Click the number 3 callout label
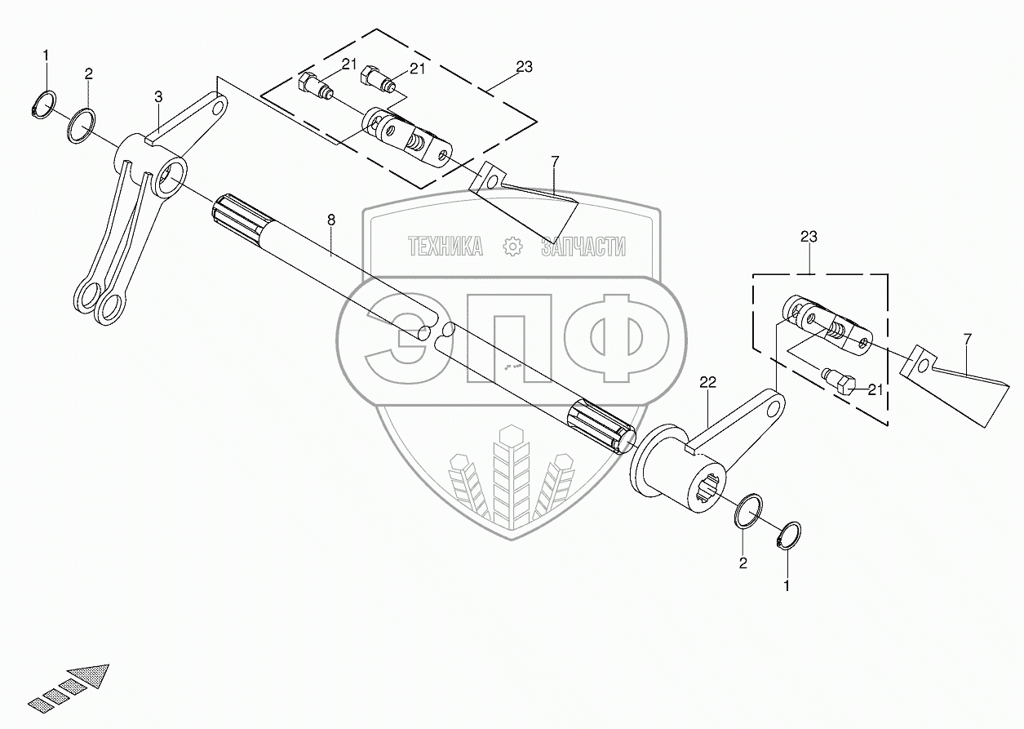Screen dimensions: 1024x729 click(158, 97)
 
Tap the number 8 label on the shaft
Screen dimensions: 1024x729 click(330, 220)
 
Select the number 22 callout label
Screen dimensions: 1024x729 click(707, 381)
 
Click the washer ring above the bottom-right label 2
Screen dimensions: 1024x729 click(750, 511)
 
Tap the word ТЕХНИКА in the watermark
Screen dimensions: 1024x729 click(445, 247)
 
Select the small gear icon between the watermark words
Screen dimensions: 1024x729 click(512, 247)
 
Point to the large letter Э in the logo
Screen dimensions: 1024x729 click(401, 335)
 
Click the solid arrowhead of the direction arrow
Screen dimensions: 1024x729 click(91, 677)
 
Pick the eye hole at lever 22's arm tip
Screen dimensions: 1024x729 click(774, 404)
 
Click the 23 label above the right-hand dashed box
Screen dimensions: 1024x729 click(809, 237)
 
